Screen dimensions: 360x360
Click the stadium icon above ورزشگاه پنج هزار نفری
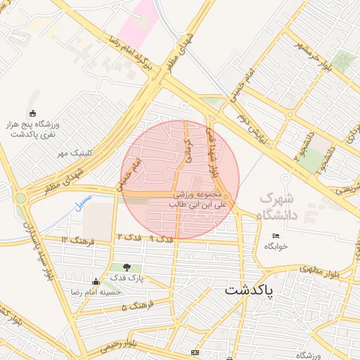[x=32, y=113]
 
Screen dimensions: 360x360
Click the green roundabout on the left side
[x=20, y=198]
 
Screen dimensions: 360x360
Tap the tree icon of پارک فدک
[x=127, y=267]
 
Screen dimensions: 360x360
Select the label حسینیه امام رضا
[x=94, y=291]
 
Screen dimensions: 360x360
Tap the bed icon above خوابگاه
[x=276, y=236]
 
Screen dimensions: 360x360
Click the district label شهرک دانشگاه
[x=279, y=206]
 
